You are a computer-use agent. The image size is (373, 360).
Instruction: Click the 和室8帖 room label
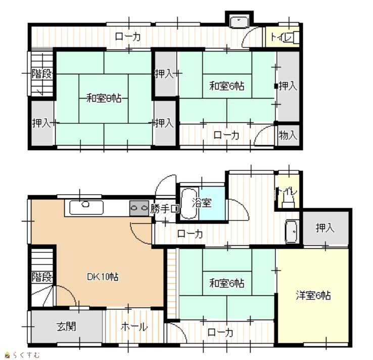point(104,98)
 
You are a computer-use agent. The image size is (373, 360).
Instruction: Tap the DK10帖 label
point(103,277)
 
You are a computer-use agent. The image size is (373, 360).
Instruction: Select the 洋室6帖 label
point(313,295)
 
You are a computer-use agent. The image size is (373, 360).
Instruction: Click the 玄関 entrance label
point(66,327)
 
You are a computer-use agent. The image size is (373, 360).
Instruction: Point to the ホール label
point(134,327)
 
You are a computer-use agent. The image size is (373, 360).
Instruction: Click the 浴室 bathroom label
point(202,203)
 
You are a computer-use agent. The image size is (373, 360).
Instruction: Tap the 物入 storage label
point(288,135)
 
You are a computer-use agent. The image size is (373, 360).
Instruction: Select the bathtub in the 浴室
point(189,203)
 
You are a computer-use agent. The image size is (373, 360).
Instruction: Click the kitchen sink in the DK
point(86,207)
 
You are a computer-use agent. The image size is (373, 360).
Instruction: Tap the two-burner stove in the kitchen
point(139,208)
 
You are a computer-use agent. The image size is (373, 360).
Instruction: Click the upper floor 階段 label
point(42,73)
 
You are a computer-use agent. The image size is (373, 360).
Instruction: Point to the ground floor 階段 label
point(42,277)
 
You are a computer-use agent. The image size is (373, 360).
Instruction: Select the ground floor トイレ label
point(287,191)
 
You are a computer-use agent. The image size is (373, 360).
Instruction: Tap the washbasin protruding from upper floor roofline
point(239,23)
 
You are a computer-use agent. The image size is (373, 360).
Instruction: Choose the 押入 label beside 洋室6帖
point(325,228)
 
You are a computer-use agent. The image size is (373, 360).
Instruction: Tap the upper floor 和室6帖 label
point(227,85)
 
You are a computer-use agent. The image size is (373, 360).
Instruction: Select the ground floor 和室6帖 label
point(227,283)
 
